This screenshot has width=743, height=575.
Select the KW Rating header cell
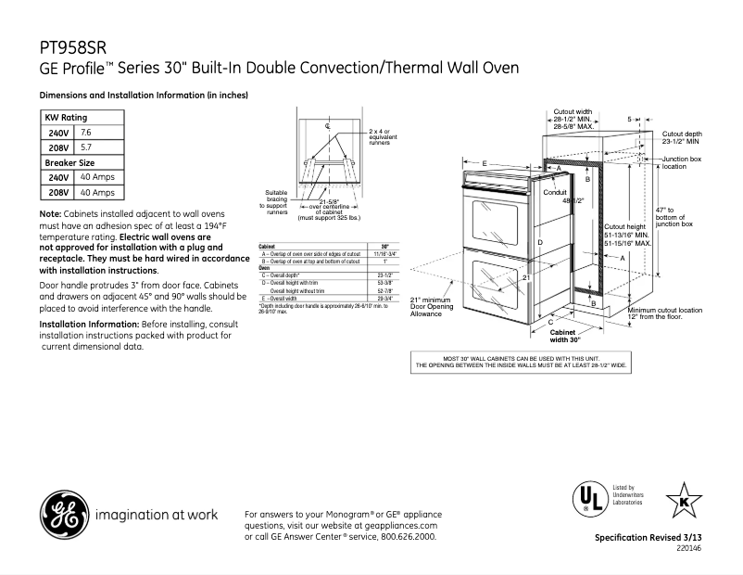point(67,118)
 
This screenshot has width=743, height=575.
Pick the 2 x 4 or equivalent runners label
point(380,137)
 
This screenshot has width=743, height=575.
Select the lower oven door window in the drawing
point(499,287)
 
